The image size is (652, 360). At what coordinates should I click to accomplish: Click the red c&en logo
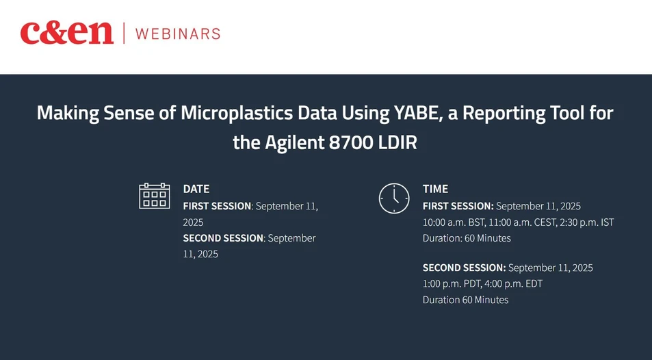tap(66, 32)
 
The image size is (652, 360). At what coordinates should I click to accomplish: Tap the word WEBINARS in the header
tap(178, 33)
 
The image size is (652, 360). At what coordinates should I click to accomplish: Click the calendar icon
tap(154, 196)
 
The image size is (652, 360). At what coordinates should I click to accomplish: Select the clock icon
tap(393, 198)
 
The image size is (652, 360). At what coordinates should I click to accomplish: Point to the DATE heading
tap(196, 189)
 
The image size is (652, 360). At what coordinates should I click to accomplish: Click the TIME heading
tap(435, 189)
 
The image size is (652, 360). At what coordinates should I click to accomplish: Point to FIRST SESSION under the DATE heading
tap(217, 205)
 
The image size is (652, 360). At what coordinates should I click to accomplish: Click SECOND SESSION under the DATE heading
tap(223, 238)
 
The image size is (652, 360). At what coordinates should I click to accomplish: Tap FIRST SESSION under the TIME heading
tap(458, 205)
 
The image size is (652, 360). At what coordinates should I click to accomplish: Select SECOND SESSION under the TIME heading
tap(464, 267)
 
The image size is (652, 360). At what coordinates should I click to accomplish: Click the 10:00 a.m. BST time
tap(453, 222)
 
